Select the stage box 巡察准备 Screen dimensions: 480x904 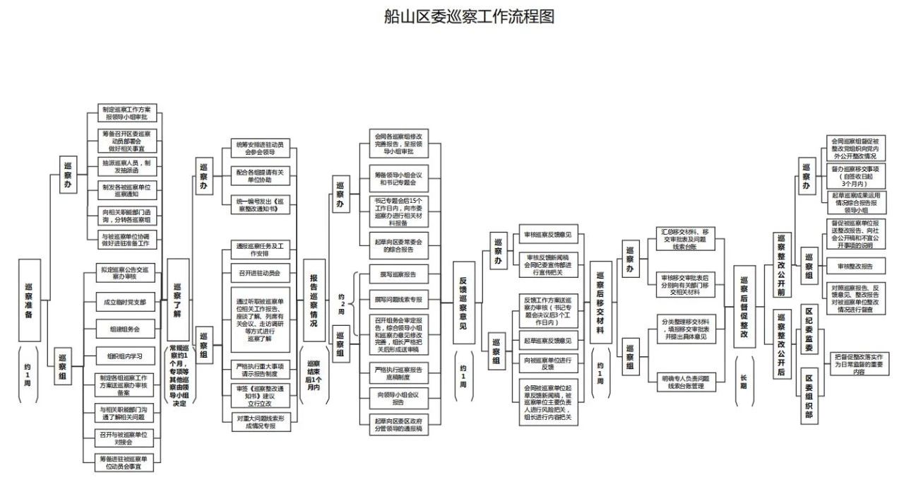tap(29, 300)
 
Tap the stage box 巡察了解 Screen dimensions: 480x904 tap(177, 300)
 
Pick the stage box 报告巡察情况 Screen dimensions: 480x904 tap(314, 300)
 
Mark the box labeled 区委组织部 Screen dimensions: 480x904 tap(809, 397)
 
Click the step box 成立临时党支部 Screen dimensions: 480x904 tap(124, 302)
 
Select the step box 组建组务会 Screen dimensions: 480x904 tap(124, 329)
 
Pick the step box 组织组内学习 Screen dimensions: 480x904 tap(124, 356)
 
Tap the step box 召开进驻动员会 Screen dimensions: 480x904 tap(260, 272)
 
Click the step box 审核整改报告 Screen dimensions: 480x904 tap(855, 267)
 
